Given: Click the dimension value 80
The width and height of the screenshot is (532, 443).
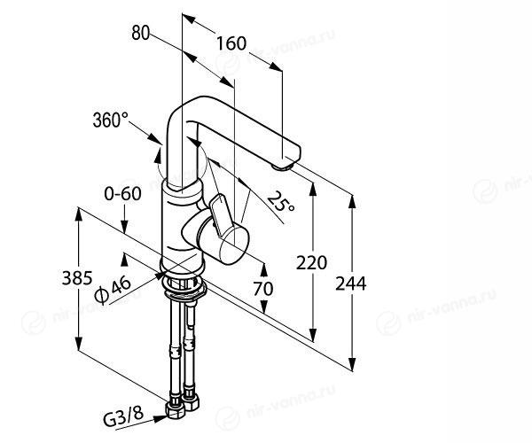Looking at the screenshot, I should pyautogui.click(x=139, y=35).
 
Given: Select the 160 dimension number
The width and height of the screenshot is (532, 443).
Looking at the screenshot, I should pyautogui.click(x=231, y=42).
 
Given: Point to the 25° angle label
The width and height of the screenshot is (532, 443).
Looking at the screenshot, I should pyautogui.click(x=281, y=204).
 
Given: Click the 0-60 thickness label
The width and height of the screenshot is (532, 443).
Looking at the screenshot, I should pyautogui.click(x=121, y=194).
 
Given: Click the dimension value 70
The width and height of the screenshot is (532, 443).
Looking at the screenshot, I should pyautogui.click(x=263, y=288).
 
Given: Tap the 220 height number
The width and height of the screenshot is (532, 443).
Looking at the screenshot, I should pyautogui.click(x=312, y=263).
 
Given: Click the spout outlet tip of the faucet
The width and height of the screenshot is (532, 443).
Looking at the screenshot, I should pyautogui.click(x=285, y=162).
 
